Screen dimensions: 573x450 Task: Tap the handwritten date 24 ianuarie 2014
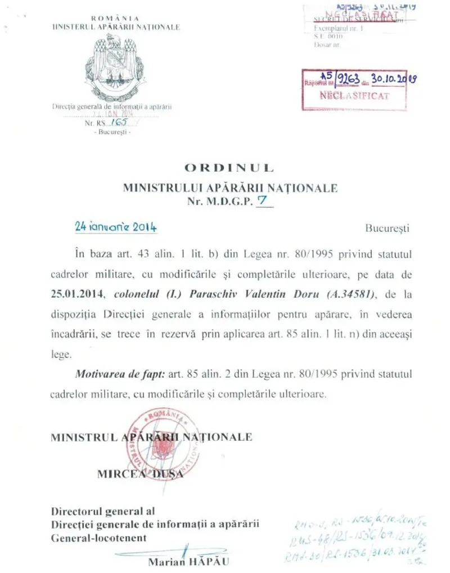coord(115,227)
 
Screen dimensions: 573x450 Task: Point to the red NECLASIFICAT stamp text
coord(354,96)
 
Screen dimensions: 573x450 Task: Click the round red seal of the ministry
coord(163,445)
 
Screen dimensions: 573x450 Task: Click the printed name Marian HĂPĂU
coord(189,562)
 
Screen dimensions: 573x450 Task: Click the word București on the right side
coord(388,229)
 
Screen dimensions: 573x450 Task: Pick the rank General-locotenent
coord(99,538)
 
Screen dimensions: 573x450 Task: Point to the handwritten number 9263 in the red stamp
coord(346,80)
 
